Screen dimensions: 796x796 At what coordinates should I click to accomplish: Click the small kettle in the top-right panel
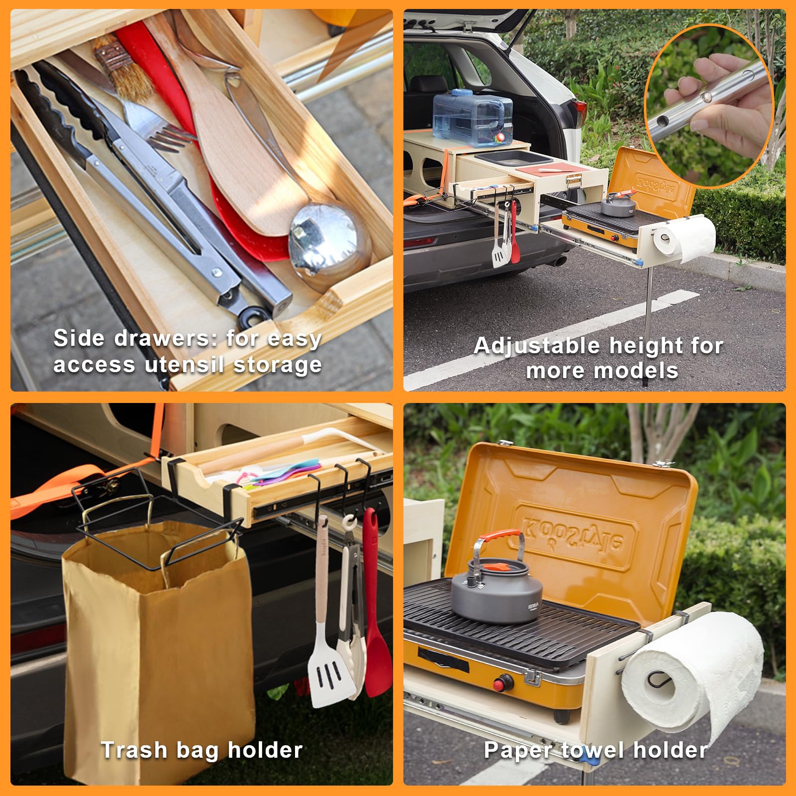pyautogui.click(x=618, y=202)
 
